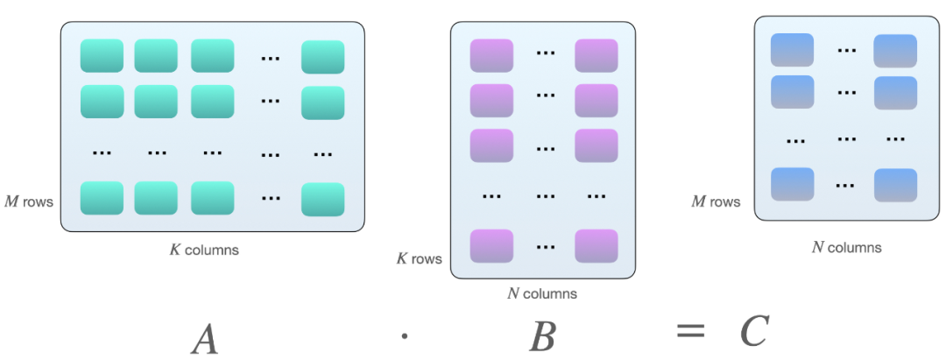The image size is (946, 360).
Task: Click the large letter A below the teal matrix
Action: (204, 339)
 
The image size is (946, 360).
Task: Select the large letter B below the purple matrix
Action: (542, 336)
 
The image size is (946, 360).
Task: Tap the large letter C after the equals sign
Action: (752, 331)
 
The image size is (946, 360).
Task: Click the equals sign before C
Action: (690, 331)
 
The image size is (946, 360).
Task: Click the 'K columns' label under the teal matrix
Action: (204, 250)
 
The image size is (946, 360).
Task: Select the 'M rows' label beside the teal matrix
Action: (29, 202)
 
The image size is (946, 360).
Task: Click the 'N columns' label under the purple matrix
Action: (542, 293)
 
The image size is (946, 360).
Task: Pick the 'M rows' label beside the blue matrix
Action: (716, 202)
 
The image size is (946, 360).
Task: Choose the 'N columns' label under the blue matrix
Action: (846, 247)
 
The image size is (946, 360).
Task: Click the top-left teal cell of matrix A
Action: (102, 56)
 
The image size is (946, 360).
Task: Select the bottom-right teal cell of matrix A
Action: (322, 200)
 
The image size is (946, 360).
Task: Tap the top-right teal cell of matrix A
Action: (322, 57)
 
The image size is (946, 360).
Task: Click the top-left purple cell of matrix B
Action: (491, 56)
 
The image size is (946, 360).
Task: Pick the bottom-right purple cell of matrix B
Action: (597, 246)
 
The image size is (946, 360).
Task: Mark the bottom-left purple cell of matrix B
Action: (491, 246)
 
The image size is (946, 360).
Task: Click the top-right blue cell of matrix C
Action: (895, 51)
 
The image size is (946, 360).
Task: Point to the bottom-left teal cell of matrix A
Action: (102, 198)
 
